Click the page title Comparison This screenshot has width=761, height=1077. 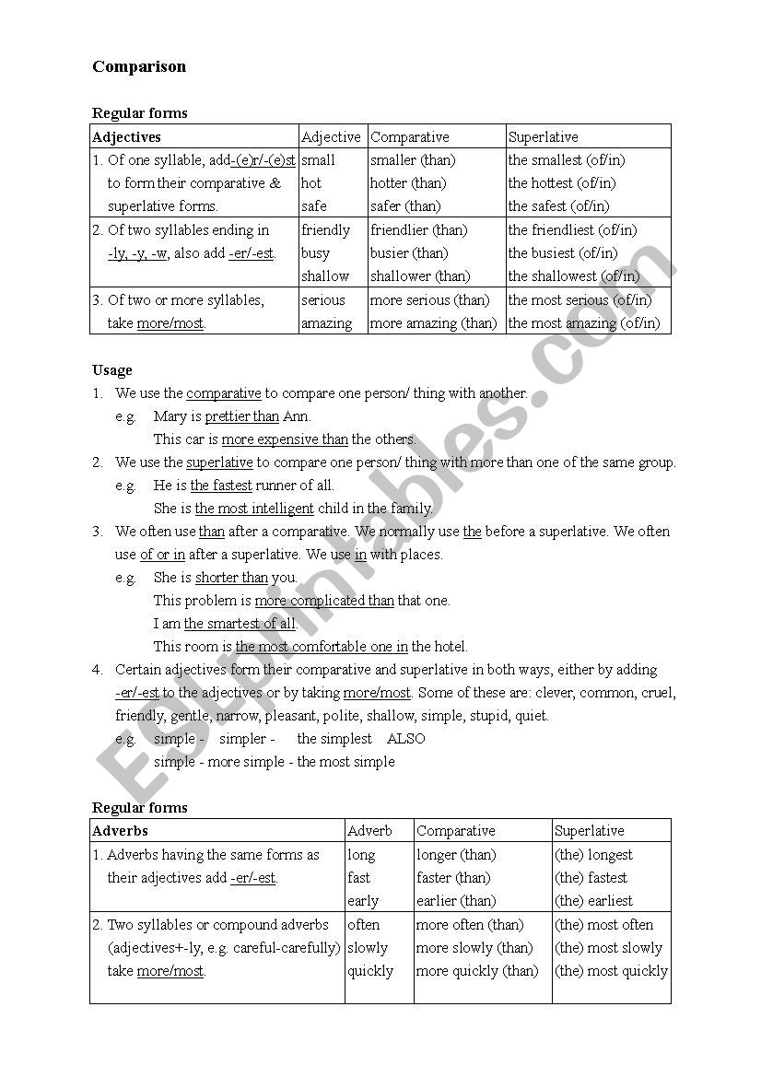click(139, 66)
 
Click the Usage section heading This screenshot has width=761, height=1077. click(112, 370)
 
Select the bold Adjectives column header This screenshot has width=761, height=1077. click(127, 137)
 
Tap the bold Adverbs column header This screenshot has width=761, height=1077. click(121, 831)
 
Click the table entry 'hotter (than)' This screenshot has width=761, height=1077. click(408, 183)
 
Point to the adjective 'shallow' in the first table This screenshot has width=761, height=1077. click(325, 276)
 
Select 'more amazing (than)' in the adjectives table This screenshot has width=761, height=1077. click(433, 323)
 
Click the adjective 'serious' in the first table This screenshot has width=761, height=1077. click(323, 300)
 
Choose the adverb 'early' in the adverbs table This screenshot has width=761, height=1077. click(363, 901)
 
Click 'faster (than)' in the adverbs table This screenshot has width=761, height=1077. click(453, 878)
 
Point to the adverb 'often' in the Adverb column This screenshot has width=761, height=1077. click(363, 925)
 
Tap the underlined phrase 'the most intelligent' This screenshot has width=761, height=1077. click(254, 509)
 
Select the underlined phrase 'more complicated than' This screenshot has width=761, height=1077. click(324, 601)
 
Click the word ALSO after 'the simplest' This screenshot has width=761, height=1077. click(406, 739)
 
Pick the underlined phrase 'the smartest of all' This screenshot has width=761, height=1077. click(240, 624)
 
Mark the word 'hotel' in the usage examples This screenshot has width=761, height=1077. click(450, 647)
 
